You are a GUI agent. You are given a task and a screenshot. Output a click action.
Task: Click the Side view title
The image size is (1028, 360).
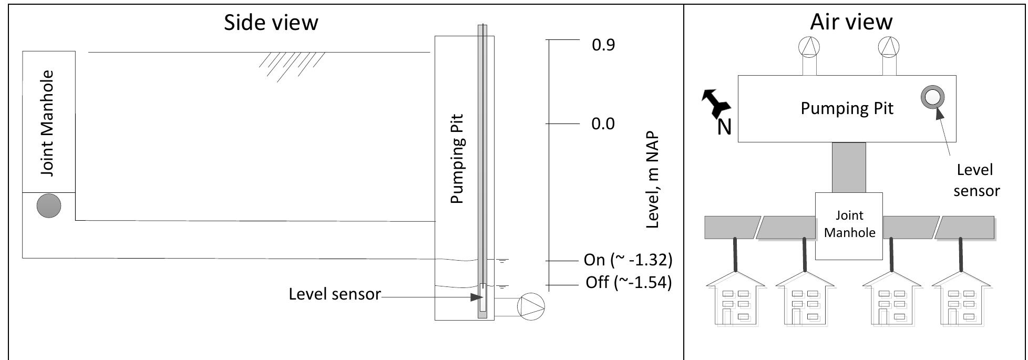[271, 23]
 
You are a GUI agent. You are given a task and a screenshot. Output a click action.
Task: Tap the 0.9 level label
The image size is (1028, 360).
[603, 45]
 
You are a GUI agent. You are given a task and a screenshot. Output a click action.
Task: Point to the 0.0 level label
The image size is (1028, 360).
[603, 124]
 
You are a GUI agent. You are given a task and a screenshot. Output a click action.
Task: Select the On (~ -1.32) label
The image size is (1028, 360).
[628, 260]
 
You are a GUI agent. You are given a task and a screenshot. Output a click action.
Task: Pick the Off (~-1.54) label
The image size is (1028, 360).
[629, 283]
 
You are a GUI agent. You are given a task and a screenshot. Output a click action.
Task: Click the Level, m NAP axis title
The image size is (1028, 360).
[652, 180]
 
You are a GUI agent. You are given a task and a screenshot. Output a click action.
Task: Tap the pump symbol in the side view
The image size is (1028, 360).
[531, 306]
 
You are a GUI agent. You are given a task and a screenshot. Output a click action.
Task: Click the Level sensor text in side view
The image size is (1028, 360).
[334, 294]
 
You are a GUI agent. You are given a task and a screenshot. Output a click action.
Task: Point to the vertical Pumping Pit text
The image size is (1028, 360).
[458, 159]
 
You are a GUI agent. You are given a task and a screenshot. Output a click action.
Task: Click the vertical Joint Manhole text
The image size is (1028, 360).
[47, 124]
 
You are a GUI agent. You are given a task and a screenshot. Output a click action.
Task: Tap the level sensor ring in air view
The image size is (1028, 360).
[932, 97]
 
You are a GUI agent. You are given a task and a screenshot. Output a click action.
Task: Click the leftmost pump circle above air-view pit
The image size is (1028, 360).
[808, 47]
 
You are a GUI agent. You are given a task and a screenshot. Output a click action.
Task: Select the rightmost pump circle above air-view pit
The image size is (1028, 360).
[888, 47]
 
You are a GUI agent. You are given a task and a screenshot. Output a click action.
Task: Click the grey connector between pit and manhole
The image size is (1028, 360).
[849, 167]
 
